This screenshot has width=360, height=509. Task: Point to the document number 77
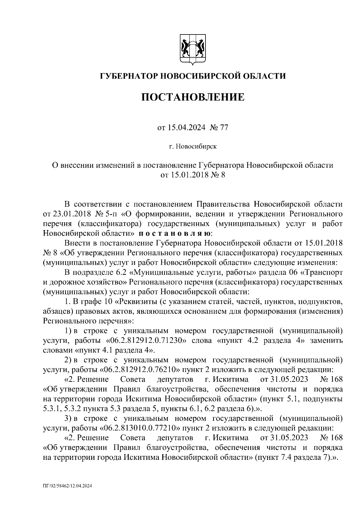tap(224, 128)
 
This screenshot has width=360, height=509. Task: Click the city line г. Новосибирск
tap(193, 147)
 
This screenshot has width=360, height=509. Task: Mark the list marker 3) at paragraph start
tap(68, 418)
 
